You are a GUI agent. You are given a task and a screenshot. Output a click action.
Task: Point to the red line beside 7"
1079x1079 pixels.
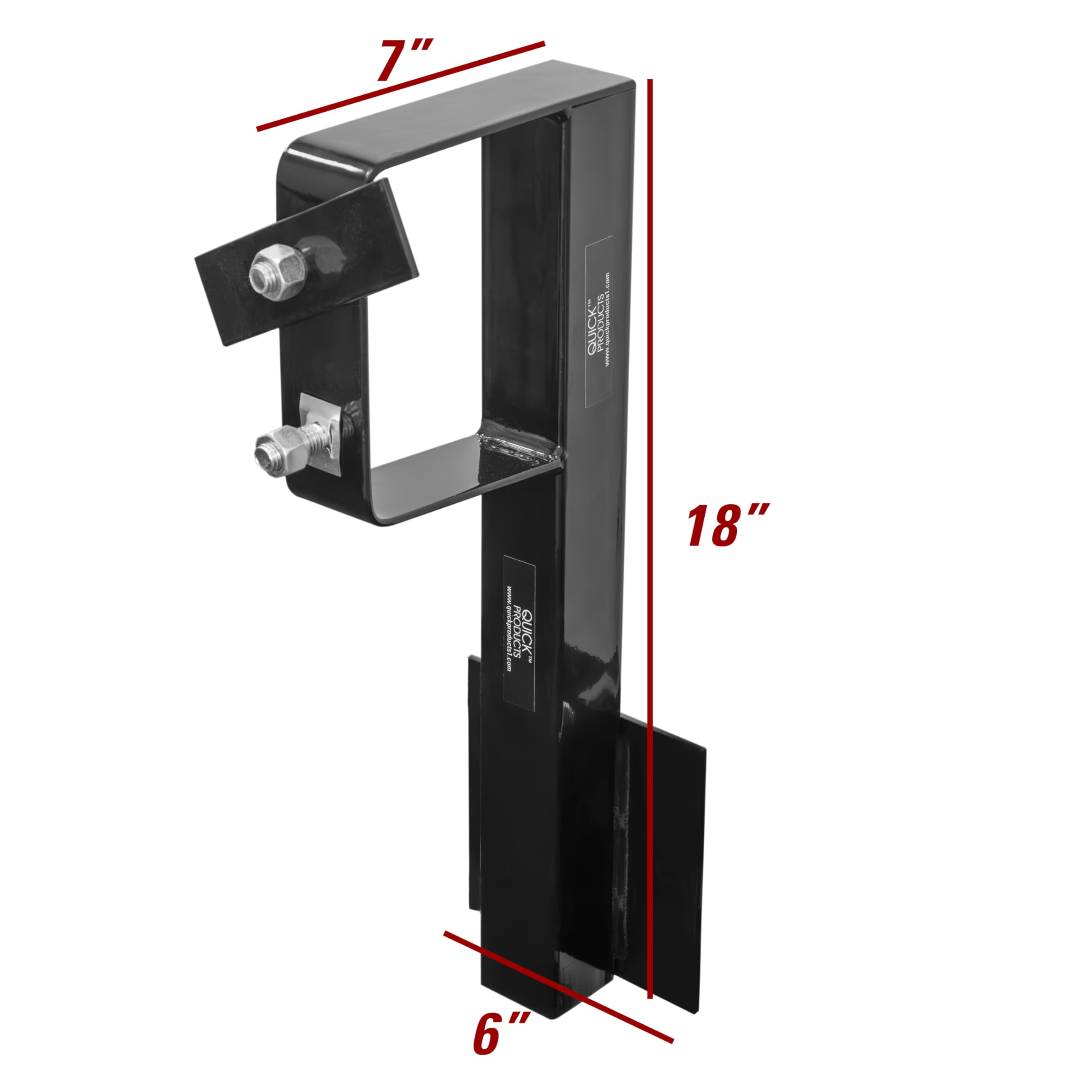point(400,86)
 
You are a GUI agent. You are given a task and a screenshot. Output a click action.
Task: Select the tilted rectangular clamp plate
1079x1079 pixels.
point(306,261)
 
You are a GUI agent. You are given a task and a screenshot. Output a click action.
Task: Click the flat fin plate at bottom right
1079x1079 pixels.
point(670,860)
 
